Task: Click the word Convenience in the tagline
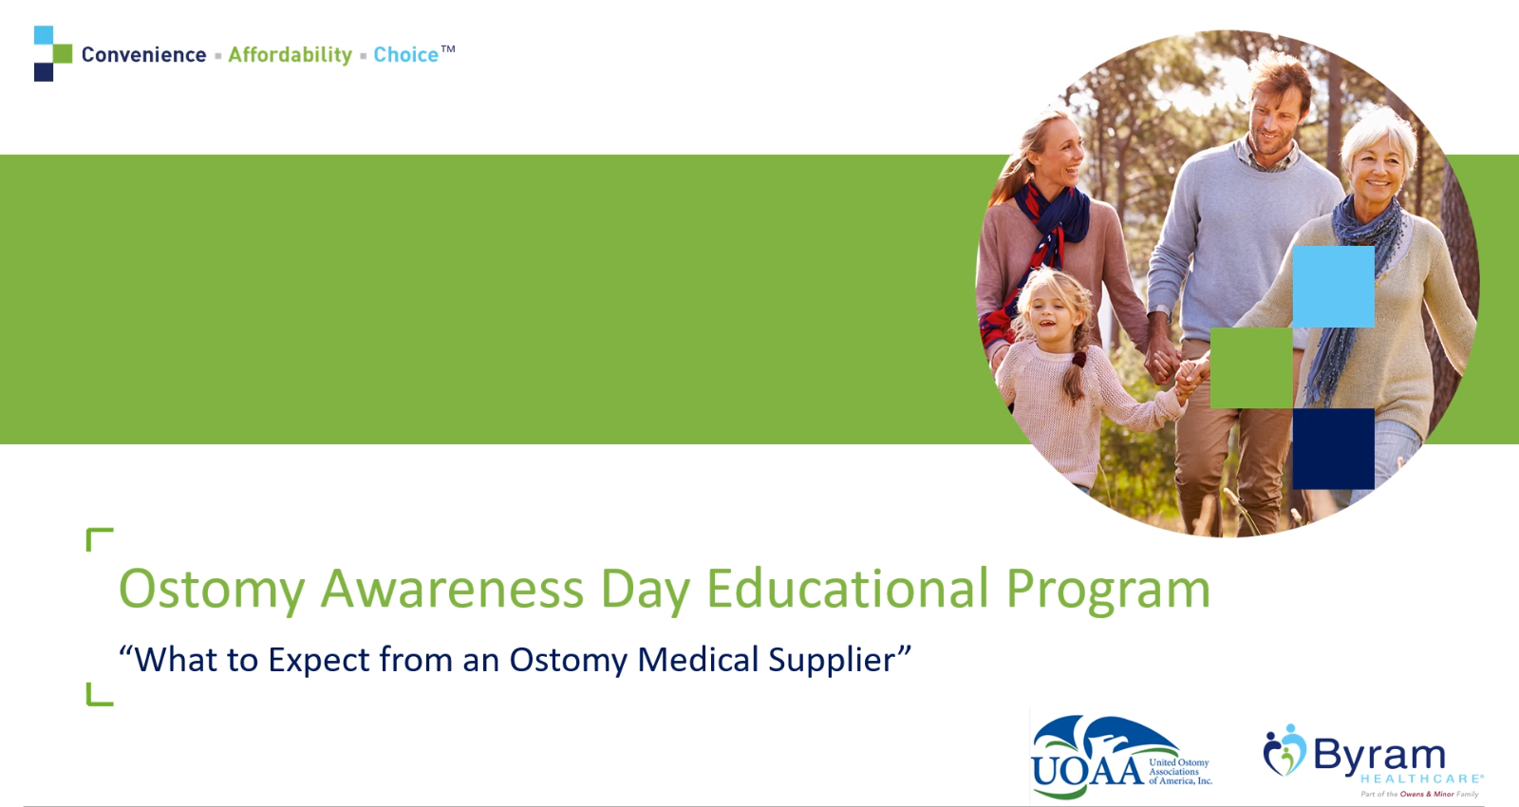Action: tap(143, 55)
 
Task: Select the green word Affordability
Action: tap(291, 55)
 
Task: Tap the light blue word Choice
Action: tap(406, 55)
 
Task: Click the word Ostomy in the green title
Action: tap(212, 590)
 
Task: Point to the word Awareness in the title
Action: tap(452, 589)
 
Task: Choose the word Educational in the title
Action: tap(848, 588)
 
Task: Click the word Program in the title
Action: tap(1108, 590)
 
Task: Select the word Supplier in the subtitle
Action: tap(833, 660)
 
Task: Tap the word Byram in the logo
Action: tap(1379, 755)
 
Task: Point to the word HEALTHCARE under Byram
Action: tap(1421, 779)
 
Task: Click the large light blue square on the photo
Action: tap(1333, 287)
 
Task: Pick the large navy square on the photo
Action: tap(1333, 448)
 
